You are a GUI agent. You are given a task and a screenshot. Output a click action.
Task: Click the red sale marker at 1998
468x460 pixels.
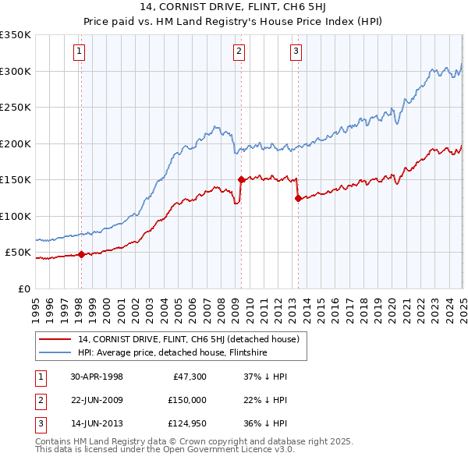tap(82, 253)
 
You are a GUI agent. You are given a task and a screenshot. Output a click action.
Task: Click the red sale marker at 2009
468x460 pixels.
tap(241, 179)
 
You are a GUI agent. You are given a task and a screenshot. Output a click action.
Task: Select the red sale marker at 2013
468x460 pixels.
tap(298, 198)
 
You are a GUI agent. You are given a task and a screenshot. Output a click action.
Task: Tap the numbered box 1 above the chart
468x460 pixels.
tap(80, 52)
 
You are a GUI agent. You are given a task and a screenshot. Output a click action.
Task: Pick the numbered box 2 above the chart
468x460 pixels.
tap(239, 52)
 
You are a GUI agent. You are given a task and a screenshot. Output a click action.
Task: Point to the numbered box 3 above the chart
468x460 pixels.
tap(296, 52)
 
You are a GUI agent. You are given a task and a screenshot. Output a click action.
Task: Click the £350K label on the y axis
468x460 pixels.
tap(16, 35)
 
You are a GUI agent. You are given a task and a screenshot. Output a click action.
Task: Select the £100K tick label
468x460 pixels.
tap(16, 216)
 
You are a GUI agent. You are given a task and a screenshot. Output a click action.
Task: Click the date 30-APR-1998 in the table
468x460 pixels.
tap(97, 377)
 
